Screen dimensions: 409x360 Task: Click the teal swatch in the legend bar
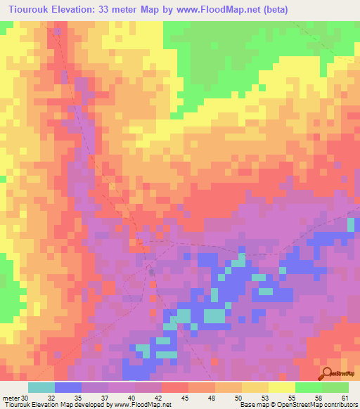point(41,387)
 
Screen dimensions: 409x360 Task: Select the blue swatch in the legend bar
point(67,387)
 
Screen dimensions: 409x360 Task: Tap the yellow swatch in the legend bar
point(281,387)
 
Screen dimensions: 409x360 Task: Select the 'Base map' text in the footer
point(251,405)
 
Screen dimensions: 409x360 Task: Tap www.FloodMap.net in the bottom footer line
point(141,405)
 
